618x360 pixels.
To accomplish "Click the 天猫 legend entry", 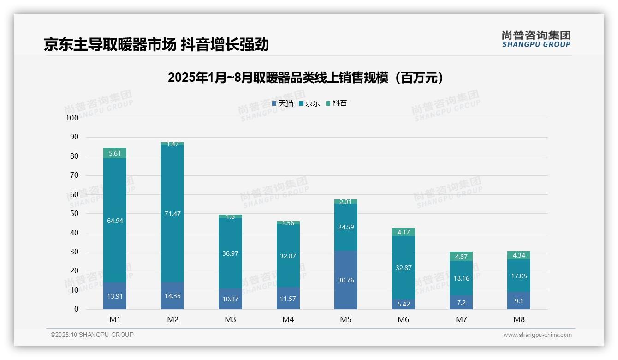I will tap(283, 103).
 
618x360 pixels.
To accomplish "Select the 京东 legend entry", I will tap(309, 103).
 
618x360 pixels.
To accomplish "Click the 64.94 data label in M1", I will tap(115, 221).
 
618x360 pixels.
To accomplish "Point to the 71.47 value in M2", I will tap(172, 214).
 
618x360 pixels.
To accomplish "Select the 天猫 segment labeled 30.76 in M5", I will tap(346, 280).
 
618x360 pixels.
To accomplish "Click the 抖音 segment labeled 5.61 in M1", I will tap(115, 153).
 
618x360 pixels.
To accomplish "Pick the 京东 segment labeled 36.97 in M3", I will tap(230, 253).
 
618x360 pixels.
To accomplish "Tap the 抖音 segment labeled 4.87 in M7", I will tap(461, 257).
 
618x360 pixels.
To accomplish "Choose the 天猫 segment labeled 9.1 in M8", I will tap(519, 300).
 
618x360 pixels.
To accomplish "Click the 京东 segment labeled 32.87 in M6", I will tap(404, 268).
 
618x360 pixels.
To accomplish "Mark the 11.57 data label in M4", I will tap(288, 299).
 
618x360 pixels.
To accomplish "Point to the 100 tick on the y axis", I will tap(72, 118).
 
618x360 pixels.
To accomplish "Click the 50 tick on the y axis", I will tap(74, 214).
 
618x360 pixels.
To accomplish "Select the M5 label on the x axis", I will tap(346, 319).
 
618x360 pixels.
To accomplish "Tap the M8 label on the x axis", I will tap(519, 319).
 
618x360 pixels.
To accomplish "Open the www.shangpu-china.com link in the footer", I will tap(537, 335).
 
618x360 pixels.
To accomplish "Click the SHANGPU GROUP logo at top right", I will tap(536, 39).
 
